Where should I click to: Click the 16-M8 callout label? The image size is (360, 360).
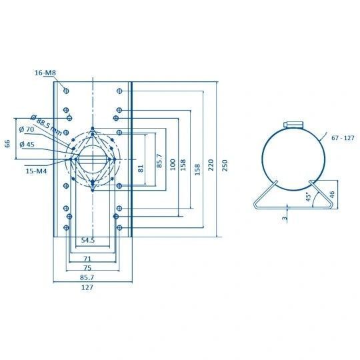tap(45, 73)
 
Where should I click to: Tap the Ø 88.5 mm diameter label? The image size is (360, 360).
tap(47, 125)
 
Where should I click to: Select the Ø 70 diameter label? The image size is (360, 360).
tap(27, 129)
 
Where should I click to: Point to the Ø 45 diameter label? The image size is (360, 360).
tap(27, 145)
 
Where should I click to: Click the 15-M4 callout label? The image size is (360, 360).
tap(36, 171)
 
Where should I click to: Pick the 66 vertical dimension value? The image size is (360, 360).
tap(7, 143)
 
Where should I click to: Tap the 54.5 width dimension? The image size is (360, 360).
tap(88, 240)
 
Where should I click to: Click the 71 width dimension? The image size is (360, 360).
tap(87, 259)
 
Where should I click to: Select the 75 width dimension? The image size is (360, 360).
tap(87, 268)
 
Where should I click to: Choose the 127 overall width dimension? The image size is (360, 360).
tap(87, 287)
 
